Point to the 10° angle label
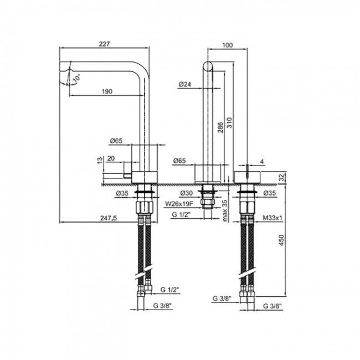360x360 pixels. [75, 79]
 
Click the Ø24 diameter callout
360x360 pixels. [185, 85]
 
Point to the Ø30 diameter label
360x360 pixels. [186, 193]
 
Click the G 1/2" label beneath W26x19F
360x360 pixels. [182, 214]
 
